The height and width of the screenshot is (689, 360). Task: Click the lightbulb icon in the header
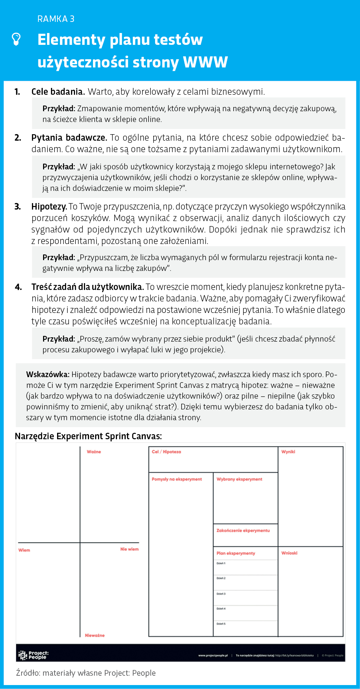[17, 39]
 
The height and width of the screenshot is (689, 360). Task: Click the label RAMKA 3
[56, 19]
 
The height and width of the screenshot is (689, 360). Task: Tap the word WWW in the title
[205, 62]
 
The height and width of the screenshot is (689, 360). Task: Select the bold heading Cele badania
[58, 92]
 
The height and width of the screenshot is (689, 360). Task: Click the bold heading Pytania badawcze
[69, 138]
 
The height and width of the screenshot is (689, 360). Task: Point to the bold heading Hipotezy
[49, 207]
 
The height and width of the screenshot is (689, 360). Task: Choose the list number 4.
[18, 287]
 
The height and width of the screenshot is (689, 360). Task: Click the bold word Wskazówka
[48, 375]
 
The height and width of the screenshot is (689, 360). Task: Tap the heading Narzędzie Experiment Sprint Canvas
[88, 436]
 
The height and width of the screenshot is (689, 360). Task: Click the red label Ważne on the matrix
[94, 452]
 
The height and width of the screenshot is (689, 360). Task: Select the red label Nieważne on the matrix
[95, 636]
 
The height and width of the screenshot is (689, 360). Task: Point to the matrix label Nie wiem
[129, 549]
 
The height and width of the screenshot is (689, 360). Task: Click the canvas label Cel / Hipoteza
[166, 452]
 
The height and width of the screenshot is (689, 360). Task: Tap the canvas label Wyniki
[288, 452]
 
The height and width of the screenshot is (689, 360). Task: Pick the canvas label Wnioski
[289, 553]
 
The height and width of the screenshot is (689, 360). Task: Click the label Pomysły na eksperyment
[177, 479]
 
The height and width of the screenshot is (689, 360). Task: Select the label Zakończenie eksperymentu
[243, 531]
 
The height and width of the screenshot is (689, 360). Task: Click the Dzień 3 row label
[221, 594]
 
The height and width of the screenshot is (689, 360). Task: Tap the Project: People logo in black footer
[33, 655]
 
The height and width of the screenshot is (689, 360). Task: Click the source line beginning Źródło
[86, 673]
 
